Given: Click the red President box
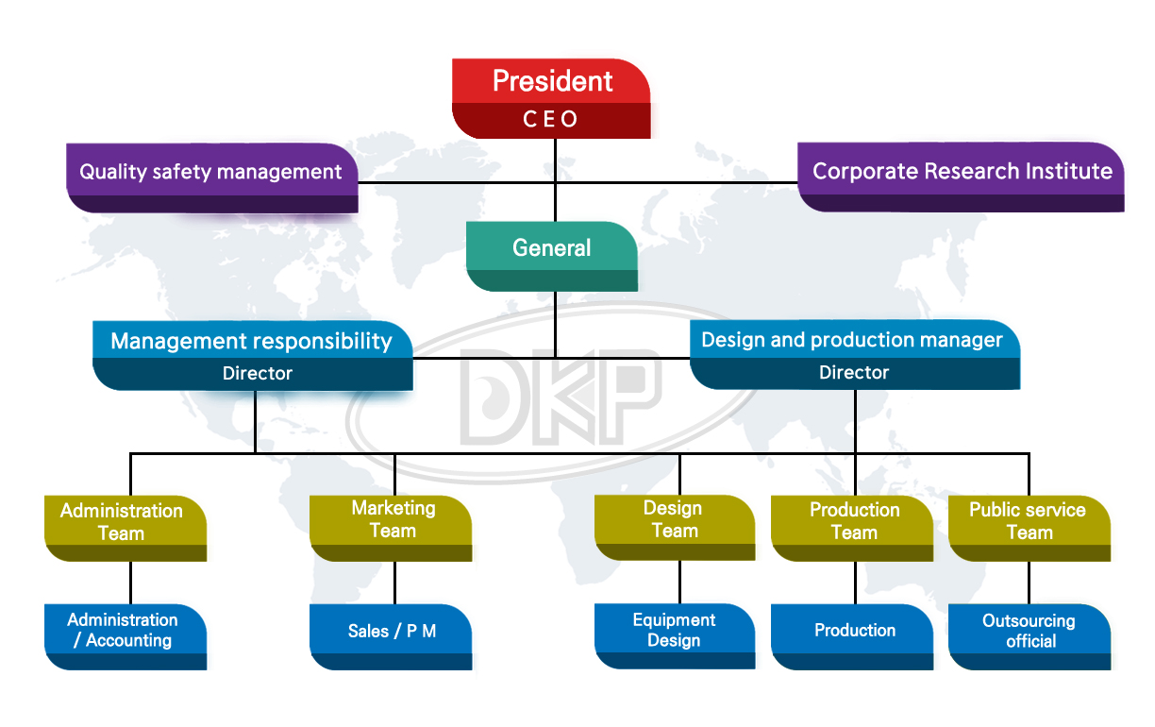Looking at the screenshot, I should (552, 81).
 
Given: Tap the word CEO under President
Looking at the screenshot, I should (551, 120).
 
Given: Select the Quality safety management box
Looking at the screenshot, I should (210, 173).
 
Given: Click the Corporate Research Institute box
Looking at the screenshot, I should (962, 172).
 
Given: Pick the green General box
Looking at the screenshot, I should (552, 248).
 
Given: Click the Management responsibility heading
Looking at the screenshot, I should (251, 341).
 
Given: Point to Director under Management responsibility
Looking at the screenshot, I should (257, 374).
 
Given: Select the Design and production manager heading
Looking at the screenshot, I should (852, 340).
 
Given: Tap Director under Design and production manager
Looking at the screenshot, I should (854, 373).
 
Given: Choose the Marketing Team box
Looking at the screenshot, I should (393, 520).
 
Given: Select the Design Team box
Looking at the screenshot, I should (674, 520).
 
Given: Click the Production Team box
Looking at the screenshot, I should (854, 521).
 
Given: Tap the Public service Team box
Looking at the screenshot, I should (1028, 521).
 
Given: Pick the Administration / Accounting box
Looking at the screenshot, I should (123, 631).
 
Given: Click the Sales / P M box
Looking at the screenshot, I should (392, 632).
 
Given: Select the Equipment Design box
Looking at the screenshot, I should (674, 631).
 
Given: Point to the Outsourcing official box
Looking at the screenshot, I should (1029, 632).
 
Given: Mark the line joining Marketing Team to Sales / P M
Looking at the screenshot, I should (394, 583).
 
